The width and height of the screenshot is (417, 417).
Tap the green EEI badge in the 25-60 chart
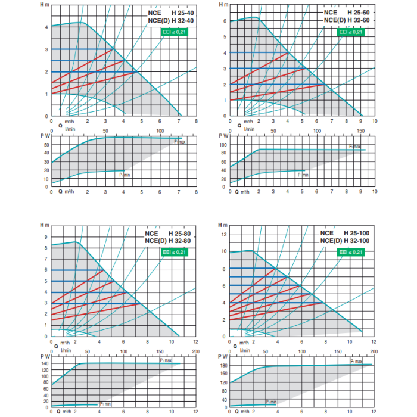[351, 32]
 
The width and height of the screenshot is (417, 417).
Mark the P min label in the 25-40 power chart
[125, 175]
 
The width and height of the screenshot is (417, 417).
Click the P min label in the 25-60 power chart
[303, 175]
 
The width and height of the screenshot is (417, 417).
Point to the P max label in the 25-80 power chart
[165, 361]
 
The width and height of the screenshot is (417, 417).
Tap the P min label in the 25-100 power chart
[273, 402]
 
